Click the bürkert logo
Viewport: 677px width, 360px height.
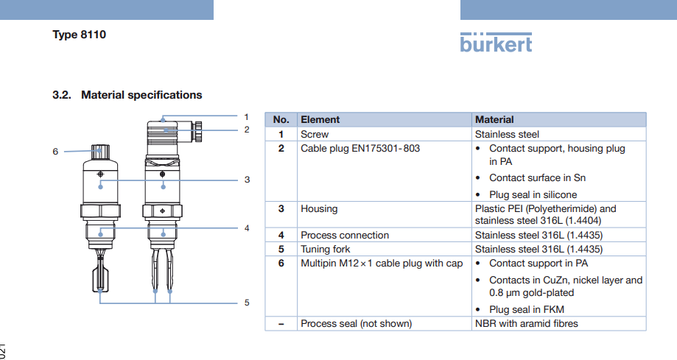496,43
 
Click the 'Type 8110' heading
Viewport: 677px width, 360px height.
80,35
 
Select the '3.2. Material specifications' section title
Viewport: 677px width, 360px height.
127,95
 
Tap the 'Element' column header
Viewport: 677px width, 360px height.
320,119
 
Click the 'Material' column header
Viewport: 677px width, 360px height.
494,119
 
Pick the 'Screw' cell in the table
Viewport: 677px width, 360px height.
315,134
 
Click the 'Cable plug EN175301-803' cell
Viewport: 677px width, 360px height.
360,148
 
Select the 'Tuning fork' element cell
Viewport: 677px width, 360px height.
326,249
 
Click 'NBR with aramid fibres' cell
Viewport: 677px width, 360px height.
527,323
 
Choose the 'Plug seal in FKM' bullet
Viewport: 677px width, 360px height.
527,309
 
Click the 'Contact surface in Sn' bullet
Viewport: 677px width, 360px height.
538,177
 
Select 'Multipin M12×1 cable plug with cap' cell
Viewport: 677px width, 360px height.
382,263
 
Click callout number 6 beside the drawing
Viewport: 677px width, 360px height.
55,151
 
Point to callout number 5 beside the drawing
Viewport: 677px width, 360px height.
247,303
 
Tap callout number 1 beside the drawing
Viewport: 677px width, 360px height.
247,116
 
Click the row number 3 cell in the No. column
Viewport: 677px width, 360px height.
281,208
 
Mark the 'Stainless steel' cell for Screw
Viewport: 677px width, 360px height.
507,134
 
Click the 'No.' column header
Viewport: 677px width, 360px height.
281,119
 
